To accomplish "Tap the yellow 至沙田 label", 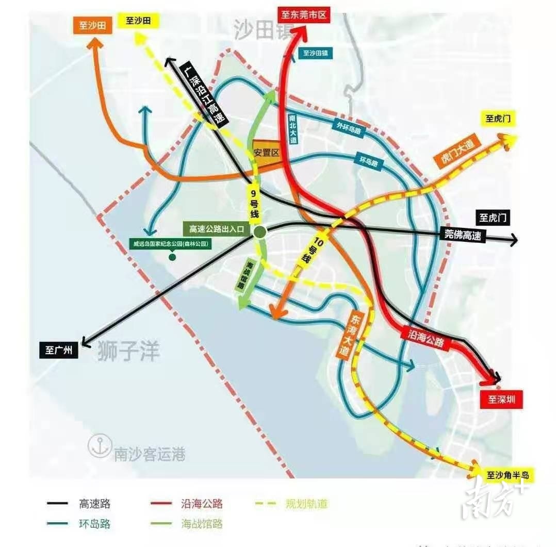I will tap(139, 21).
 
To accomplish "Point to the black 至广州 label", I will tap(58, 350).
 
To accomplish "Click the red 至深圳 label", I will tap(501, 399).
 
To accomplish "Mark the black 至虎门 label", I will tap(493, 218).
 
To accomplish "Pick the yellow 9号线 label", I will tap(253, 202).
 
